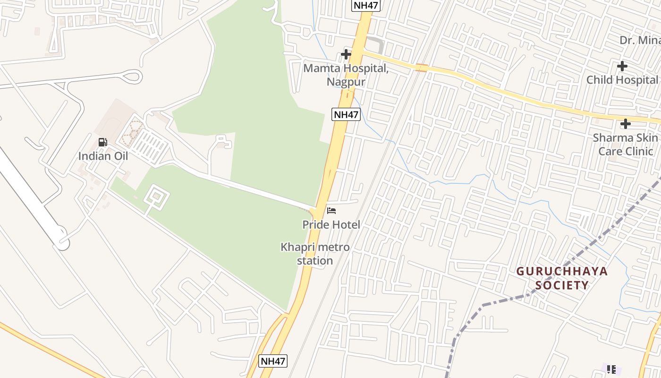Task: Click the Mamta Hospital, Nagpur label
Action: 346,75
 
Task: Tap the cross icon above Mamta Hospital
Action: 346,54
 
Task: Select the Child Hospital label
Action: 622,80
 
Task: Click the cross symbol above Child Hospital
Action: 622,66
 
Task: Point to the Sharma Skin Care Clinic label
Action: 625,144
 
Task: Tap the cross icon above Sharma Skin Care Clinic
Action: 626,124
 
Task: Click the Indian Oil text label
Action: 103,156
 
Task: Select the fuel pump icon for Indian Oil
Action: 102,142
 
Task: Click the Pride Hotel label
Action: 331,224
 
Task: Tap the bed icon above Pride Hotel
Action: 331,210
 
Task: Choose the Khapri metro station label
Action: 315,254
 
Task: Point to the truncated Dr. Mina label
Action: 640,40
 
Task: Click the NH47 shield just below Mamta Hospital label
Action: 346,114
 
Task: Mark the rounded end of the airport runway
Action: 62,243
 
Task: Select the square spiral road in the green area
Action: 156,197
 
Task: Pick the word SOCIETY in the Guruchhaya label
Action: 562,285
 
